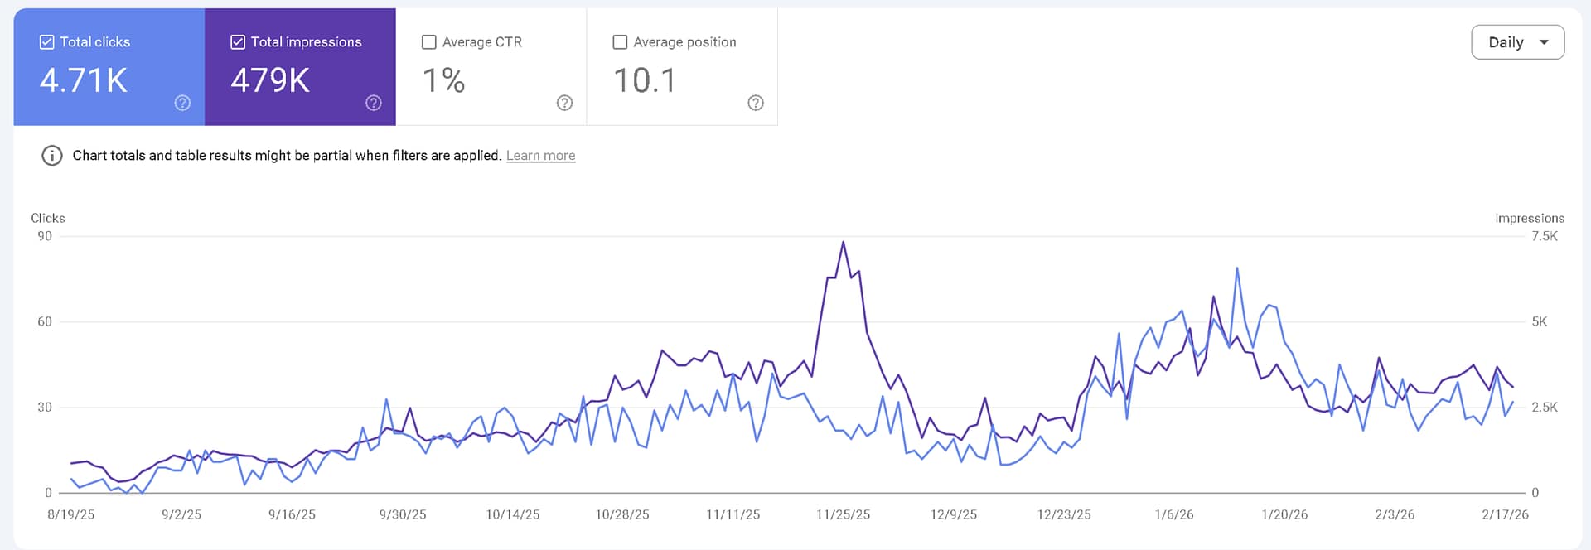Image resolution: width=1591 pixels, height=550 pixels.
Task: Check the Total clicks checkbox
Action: coord(47,42)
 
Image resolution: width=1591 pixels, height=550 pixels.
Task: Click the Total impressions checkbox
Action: coord(238,42)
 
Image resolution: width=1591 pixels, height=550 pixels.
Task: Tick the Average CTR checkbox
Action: coord(429,42)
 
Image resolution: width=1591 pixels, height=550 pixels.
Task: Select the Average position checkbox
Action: coord(620,42)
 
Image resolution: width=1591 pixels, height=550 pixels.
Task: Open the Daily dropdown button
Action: coord(1517,42)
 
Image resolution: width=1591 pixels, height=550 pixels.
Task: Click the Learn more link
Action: coord(540,156)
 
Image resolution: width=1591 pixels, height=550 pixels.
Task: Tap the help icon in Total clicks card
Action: coord(182,103)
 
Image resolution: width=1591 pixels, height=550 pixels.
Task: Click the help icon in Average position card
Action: coord(755,103)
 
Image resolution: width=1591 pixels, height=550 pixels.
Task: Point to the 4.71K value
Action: coord(84,81)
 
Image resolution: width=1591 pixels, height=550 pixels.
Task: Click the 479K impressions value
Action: coord(270,81)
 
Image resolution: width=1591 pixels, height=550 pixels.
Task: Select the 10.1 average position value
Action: coord(645,81)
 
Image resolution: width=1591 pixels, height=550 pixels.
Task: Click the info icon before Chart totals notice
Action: coord(52,156)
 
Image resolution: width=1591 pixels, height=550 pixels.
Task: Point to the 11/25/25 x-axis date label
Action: coord(843,514)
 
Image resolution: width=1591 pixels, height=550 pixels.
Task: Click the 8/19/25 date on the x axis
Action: coord(71,514)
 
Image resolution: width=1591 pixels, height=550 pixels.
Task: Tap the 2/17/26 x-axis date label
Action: coord(1505,514)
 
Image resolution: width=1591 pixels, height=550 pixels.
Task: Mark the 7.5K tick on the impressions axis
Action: coord(1544,237)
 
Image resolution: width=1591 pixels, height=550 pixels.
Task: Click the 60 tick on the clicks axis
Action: coord(45,321)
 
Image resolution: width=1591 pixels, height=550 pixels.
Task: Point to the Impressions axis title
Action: coord(1529,218)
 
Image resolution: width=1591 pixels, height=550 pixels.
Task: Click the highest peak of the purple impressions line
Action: coord(843,242)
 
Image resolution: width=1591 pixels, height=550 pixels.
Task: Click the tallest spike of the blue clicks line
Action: coord(1236,268)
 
